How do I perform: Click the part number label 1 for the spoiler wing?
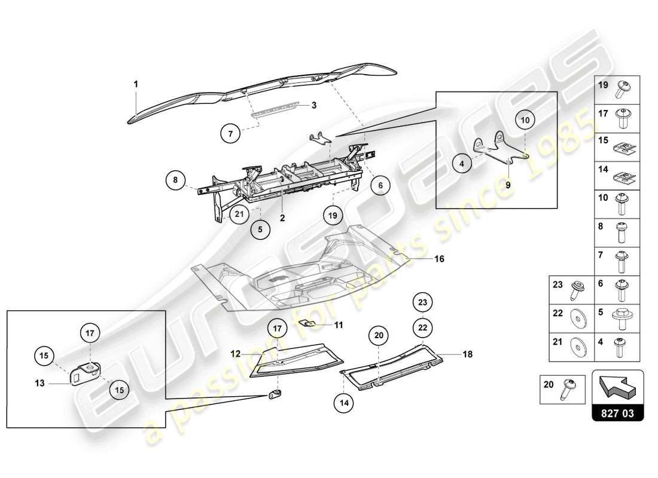pos(136,84)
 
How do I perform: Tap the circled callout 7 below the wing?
pos(230,134)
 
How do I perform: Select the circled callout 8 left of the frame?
pos(176,180)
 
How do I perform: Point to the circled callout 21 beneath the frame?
pos(239,214)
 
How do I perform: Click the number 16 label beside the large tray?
pos(440,259)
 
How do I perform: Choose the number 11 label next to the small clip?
pos(339,326)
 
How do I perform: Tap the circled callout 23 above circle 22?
pos(422,303)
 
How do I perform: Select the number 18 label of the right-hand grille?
pos(467,354)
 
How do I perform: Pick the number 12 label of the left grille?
pos(236,354)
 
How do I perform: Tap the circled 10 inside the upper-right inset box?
pos(525,121)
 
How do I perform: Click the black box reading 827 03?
pos(618,412)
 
